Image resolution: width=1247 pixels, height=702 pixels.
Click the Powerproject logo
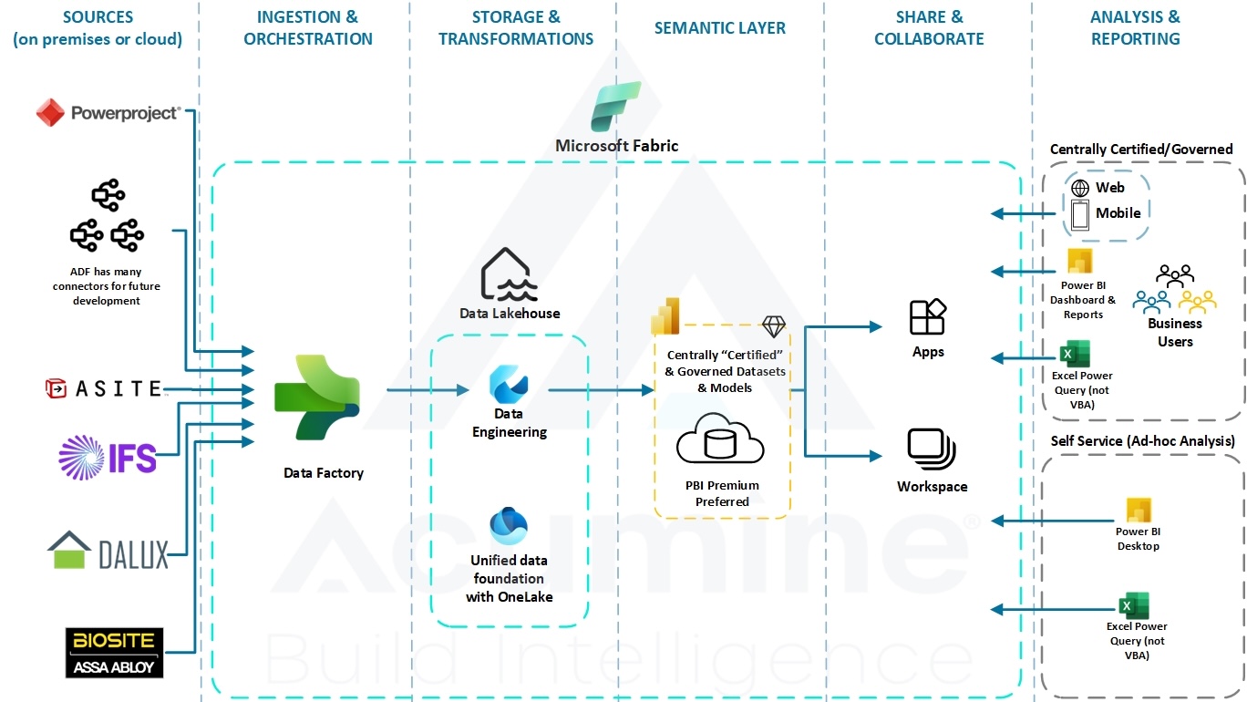point(108,113)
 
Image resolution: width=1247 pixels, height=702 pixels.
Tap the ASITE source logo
point(103,389)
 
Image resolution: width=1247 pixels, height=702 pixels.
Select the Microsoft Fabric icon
point(616,108)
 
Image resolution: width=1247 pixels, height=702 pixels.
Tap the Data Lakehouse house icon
point(508,274)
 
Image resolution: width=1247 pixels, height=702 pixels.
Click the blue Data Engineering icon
point(508,383)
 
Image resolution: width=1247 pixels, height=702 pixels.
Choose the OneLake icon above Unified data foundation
point(508,526)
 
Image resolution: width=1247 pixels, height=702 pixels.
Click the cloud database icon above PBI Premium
point(720,442)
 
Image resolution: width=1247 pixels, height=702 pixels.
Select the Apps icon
point(928,318)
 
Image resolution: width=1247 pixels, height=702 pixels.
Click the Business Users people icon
point(1174,290)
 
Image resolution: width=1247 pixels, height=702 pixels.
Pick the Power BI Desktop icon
point(1139,511)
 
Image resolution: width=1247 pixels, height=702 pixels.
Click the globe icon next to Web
point(1080,188)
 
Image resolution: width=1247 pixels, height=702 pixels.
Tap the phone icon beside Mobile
point(1080,214)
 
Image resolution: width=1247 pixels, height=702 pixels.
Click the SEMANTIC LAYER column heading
point(719,28)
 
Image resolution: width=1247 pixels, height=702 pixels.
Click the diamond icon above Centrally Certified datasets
point(773,326)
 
